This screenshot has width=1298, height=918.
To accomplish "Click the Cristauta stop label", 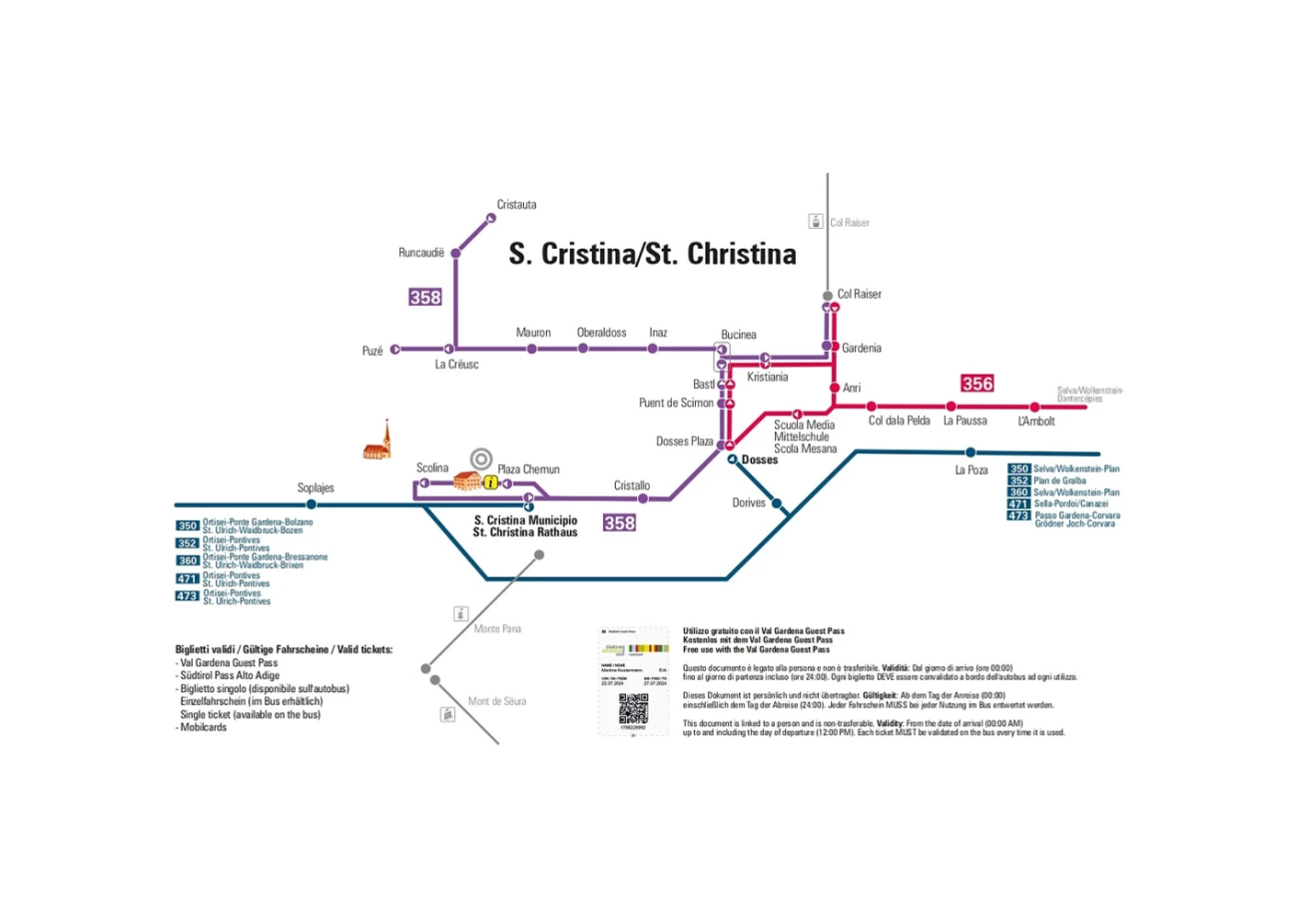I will pos(516,205).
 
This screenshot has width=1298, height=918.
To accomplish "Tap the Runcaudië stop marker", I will pos(456,254).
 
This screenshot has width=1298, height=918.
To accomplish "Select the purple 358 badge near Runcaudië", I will pos(425,297).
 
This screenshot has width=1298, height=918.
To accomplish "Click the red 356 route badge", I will pos(977,384).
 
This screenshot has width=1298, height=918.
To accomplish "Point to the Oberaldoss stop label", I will pos(601,333).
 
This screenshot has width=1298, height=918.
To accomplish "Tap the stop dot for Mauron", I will pos(531,349).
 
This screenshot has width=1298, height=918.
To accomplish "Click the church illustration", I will pos(377,442).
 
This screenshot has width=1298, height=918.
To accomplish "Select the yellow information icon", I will pos(490,482).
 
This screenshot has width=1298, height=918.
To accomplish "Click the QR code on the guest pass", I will pos(633,706).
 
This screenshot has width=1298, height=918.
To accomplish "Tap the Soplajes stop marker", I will pos(312,504).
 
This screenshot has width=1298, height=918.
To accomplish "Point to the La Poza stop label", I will pos(971,469).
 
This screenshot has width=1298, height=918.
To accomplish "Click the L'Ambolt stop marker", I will pos(1034,407).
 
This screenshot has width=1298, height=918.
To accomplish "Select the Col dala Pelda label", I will pos(899,422).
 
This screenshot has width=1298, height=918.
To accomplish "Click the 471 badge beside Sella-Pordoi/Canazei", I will pos(1018,504).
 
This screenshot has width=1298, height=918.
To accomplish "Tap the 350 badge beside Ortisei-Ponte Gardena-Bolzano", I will pos(188,525).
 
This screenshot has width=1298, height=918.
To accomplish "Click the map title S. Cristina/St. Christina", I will pos(653,254).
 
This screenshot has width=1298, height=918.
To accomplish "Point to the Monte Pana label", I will pos(497,628).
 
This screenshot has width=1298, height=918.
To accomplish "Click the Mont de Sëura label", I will pos(497,701).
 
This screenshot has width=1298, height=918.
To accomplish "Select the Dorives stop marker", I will pos(777,503).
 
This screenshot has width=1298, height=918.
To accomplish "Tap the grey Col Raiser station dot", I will pos(827,296).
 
